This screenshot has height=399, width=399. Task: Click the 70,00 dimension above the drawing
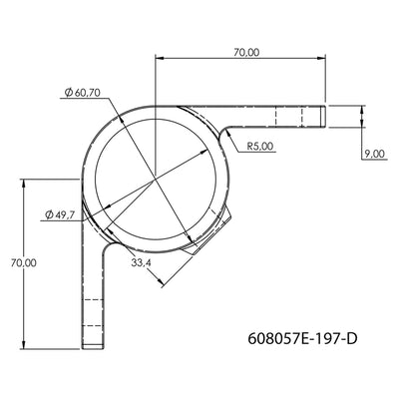click(x=245, y=52)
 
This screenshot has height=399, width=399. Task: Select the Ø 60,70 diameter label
click(x=83, y=93)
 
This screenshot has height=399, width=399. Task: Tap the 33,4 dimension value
click(x=141, y=263)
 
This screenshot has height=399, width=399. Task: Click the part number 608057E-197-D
click(x=301, y=339)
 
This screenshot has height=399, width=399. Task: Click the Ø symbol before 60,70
click(x=67, y=93)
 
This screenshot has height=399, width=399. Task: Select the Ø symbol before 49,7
click(x=50, y=213)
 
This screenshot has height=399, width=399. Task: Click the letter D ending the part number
click(x=351, y=339)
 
